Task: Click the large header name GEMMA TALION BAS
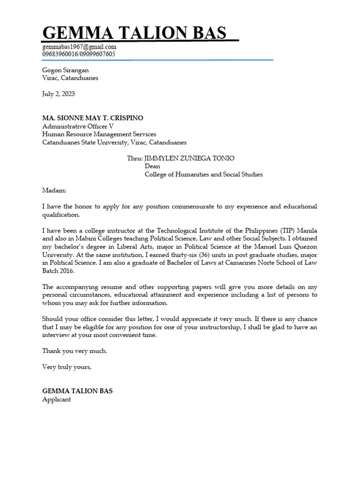point(135,33)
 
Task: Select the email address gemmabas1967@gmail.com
point(79,47)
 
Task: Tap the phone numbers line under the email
point(79,54)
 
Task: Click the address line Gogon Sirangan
point(66,70)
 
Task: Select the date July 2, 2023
point(59,94)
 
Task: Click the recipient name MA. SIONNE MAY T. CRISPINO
point(93,118)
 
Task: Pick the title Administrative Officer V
point(78,126)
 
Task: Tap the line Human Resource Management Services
point(99,134)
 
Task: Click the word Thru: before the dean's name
point(135,158)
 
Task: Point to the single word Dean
point(152,166)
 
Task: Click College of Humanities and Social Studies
point(203,174)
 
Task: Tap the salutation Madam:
point(54,191)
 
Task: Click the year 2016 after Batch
point(66,270)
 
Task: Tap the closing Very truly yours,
point(67,367)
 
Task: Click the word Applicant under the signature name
point(57,399)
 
